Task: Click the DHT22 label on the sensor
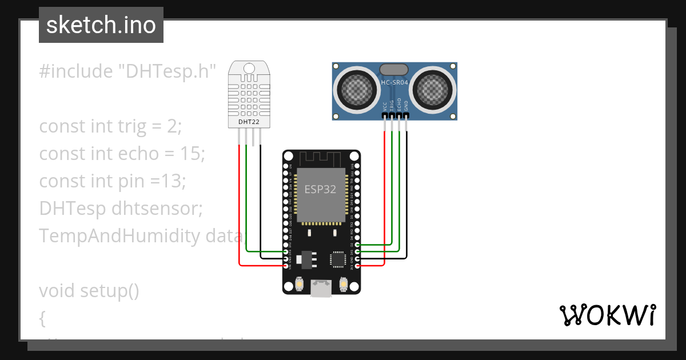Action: tap(248, 122)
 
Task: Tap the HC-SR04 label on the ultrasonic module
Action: tap(394, 83)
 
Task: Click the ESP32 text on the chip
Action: tap(320, 189)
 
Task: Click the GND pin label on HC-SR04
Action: tap(406, 106)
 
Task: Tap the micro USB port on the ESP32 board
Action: tap(321, 289)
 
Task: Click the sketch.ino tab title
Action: tap(101, 25)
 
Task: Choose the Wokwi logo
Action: tap(607, 315)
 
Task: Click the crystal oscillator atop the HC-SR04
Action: tap(394, 70)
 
